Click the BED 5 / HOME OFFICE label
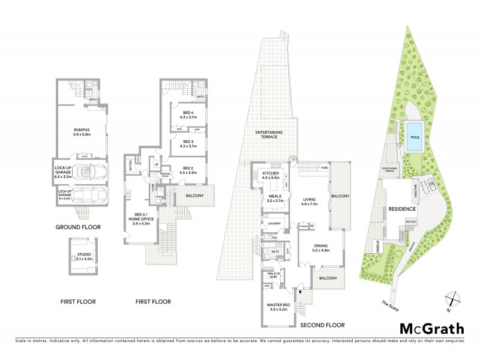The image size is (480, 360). pyautogui.click(x=144, y=221)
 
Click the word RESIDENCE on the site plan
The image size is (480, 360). pyautogui.click(x=401, y=209)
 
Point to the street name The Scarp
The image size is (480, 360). pyautogui.click(x=390, y=305)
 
